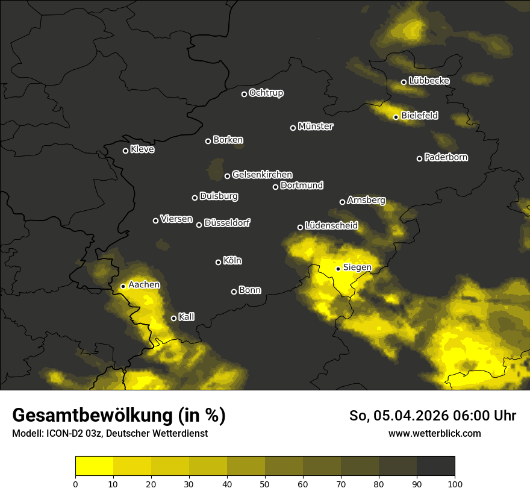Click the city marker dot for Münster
(x=293, y=128)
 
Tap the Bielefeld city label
(x=419, y=115)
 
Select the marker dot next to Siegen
(x=338, y=269)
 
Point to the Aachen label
(x=144, y=284)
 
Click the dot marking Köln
(x=218, y=262)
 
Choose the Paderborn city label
(x=446, y=157)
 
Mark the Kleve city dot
(x=125, y=151)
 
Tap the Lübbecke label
(x=429, y=80)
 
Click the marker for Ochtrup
(x=244, y=94)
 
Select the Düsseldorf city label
(x=227, y=223)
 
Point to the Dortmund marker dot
(x=275, y=187)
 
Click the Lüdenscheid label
(x=331, y=226)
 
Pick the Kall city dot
(x=173, y=318)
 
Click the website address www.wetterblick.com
(x=434, y=434)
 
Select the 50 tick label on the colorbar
(x=265, y=484)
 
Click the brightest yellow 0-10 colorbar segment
(x=94, y=466)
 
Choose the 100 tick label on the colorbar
(x=455, y=484)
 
